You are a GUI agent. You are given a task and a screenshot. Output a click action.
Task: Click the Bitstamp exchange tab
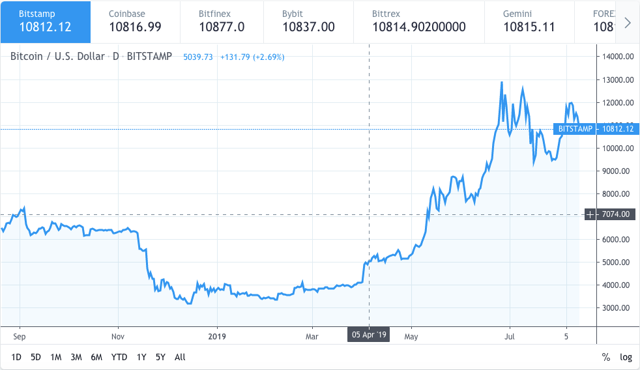tap(45, 21)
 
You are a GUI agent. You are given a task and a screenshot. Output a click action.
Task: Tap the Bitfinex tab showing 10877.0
tap(222, 21)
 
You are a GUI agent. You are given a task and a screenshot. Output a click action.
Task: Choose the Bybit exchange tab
tap(308, 21)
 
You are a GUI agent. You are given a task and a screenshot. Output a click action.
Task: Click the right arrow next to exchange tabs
tap(627, 23)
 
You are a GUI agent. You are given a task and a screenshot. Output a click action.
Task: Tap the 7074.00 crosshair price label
tap(615, 214)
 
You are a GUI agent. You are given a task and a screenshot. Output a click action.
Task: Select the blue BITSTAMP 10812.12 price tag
tap(594, 129)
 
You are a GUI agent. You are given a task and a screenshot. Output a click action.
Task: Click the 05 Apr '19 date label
tap(369, 335)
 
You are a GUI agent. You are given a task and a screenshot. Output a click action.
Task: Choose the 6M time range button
tap(96, 357)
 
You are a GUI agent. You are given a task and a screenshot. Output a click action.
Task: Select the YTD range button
tap(119, 357)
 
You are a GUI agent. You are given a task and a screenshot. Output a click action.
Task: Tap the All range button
tap(180, 357)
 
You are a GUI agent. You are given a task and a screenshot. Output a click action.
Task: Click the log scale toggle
tap(626, 357)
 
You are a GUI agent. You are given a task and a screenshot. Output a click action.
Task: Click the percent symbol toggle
tap(605, 357)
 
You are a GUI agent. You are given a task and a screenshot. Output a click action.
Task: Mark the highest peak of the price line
tap(501, 83)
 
